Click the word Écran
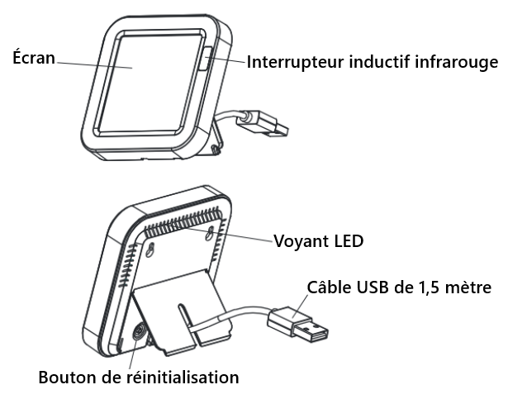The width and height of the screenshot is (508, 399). tap(33, 58)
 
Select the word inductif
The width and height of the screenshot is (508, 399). tap(379, 62)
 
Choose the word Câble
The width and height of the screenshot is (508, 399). tap(327, 287)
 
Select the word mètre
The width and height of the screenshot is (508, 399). tap(469, 287)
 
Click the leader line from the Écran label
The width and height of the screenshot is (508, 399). tap(91, 64)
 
